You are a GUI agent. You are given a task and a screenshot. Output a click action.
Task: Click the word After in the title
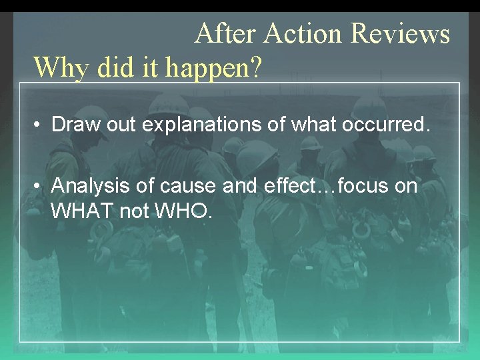coord(226,33)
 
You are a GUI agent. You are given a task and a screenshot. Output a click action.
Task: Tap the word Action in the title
coord(303,33)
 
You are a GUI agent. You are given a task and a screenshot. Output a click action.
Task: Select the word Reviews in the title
coord(399,33)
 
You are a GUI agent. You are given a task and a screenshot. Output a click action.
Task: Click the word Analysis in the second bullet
coord(87,186)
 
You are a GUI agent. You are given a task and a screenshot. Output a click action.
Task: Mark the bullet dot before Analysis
coord(39,187)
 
